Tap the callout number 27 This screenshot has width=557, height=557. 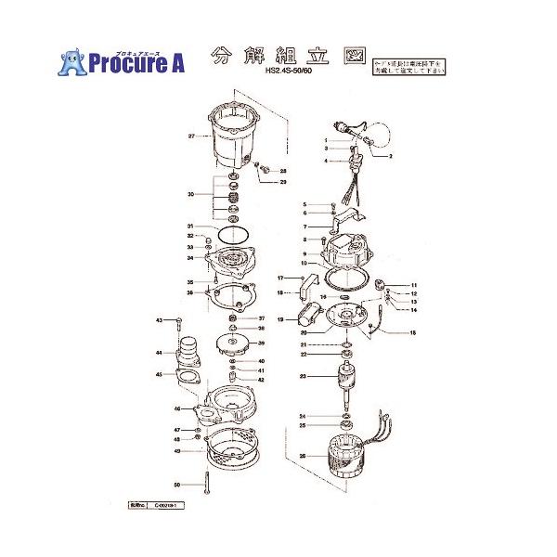pos(191,136)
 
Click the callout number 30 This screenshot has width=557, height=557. pos(190,195)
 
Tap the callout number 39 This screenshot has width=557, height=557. pos(262,343)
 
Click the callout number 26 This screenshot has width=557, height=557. pos(303,456)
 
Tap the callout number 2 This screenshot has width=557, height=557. pos(392,156)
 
